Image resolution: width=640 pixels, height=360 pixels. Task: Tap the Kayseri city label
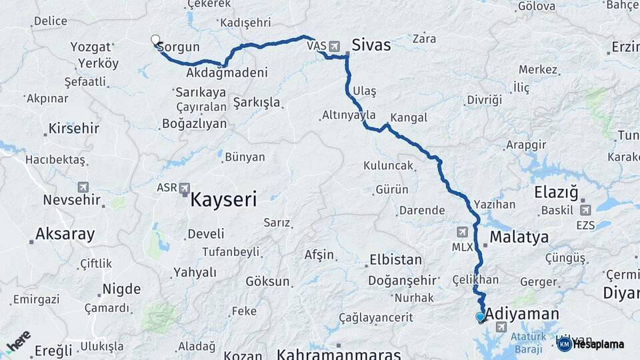[223, 199]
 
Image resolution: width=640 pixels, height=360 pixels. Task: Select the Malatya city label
[519, 237]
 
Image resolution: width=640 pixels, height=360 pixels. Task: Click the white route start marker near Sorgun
[155, 40]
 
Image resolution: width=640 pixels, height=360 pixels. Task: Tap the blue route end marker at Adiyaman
[480, 317]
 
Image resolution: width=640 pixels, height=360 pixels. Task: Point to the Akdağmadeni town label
[227, 73]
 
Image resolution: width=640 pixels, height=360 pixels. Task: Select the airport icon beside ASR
[184, 188]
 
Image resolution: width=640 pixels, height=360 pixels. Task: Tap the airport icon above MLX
[462, 232]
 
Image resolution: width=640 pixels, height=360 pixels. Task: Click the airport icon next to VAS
[334, 47]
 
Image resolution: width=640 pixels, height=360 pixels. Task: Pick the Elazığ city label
[555, 193]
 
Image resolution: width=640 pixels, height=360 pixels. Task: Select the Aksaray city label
[65, 234]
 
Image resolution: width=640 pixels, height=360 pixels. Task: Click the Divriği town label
[483, 100]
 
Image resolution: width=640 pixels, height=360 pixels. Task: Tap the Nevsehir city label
[71, 200]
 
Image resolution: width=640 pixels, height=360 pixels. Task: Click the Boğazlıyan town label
[194, 124]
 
